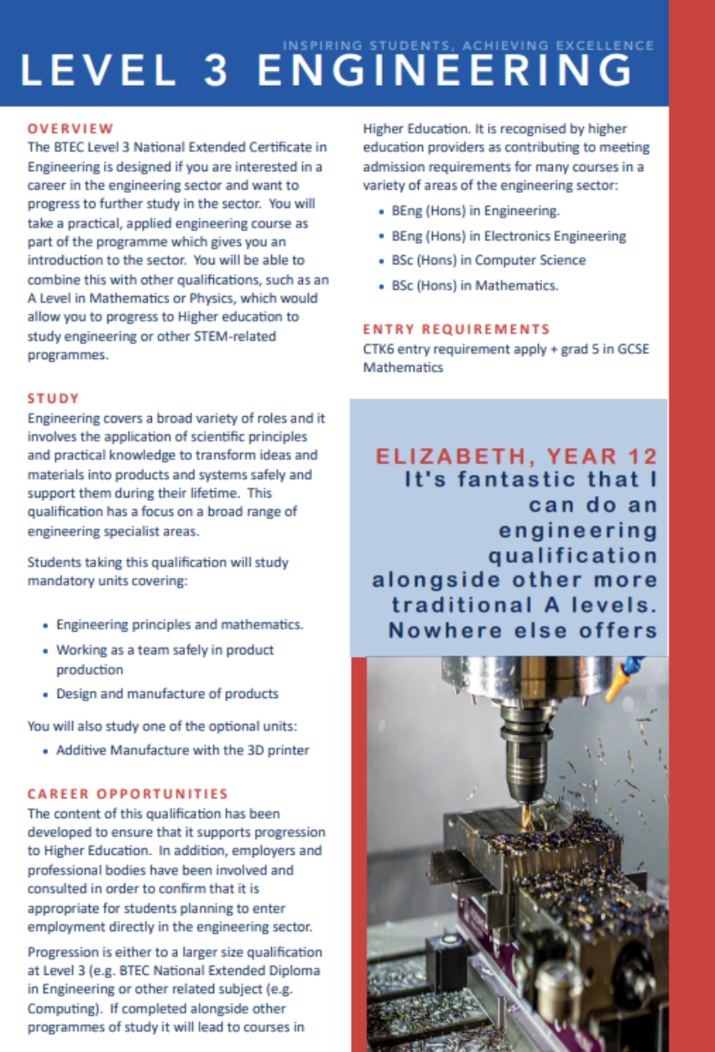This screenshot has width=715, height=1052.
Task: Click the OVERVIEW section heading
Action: pos(70,128)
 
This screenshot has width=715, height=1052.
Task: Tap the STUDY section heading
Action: pos(53,398)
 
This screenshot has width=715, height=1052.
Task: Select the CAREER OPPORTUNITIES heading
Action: pos(128,793)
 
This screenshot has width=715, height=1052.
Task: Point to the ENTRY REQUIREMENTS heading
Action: pos(457,329)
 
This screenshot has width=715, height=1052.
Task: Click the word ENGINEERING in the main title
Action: pos(444,70)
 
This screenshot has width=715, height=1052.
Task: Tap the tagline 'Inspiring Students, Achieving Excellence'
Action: pos(468,45)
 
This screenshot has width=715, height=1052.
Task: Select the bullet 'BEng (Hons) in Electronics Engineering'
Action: pos(509,236)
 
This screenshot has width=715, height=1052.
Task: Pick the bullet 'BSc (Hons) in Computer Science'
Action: pos(488,260)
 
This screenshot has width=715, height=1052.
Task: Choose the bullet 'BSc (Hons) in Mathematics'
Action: pos(474,285)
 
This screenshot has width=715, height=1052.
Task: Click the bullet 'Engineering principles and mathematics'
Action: pos(180,625)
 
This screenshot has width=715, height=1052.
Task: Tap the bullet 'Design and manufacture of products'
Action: pos(167,694)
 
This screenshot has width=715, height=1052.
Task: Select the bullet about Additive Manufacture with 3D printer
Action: pos(182,749)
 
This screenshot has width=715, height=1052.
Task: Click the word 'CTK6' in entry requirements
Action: pos(378,351)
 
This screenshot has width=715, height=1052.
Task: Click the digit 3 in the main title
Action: pos(217,70)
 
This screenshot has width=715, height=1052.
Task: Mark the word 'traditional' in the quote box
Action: pos(457,605)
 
